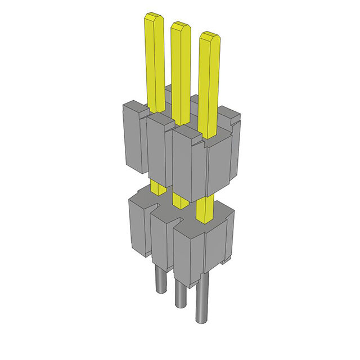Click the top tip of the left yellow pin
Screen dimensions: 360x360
[154, 17]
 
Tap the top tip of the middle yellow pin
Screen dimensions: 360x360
[180, 25]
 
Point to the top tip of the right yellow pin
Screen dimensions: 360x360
[209, 37]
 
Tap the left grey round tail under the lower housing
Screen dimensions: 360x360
[160, 281]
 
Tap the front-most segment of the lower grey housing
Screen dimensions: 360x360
[200, 250]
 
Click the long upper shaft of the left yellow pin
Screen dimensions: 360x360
[154, 62]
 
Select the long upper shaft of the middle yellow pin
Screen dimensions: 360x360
[181, 73]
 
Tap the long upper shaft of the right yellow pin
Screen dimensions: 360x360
[209, 84]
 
